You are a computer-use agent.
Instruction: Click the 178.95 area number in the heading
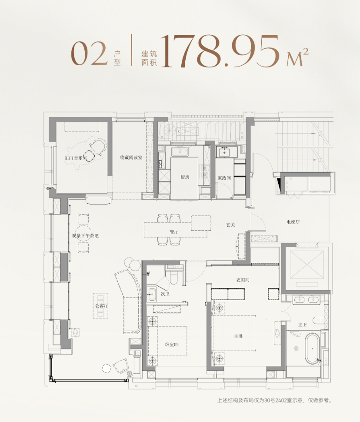(220, 51)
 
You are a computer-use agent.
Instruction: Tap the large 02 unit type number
(89, 54)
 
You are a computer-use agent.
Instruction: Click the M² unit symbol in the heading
(297, 57)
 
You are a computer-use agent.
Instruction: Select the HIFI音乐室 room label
(76, 158)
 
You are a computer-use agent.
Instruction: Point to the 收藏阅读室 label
(131, 157)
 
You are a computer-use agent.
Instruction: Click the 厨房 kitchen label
(185, 177)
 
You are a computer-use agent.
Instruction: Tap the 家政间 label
(224, 178)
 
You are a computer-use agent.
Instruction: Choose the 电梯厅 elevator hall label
(293, 222)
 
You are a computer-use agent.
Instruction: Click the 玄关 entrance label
(230, 225)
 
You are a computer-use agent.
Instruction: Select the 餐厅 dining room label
(174, 231)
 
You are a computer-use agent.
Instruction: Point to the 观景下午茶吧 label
(85, 236)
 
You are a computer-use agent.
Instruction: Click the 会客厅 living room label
(101, 305)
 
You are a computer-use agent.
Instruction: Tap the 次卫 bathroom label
(165, 294)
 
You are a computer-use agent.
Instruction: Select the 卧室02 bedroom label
(172, 345)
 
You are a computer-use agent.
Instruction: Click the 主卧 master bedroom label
(238, 336)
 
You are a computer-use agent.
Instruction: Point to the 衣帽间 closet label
(243, 280)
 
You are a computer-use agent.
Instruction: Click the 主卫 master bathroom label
(303, 325)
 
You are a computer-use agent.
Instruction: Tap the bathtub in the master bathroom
(312, 348)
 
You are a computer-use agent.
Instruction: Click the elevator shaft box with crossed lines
(307, 265)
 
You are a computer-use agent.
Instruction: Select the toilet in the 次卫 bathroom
(173, 278)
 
